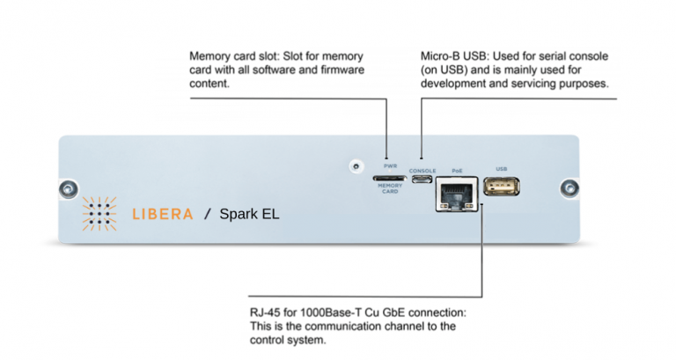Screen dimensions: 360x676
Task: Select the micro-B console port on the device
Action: point(422,180)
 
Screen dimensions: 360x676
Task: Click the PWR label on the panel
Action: point(389,165)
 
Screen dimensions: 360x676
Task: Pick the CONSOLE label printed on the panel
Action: point(422,170)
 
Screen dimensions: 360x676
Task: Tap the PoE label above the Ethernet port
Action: point(456,169)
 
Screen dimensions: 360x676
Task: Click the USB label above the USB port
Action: point(502,168)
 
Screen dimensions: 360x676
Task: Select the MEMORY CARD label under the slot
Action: point(389,188)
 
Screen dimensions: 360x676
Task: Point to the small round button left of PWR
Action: point(355,165)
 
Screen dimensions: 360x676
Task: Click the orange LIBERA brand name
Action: point(161,214)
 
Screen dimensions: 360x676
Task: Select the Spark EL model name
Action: point(249,214)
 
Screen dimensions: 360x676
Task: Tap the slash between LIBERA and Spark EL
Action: point(208,214)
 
